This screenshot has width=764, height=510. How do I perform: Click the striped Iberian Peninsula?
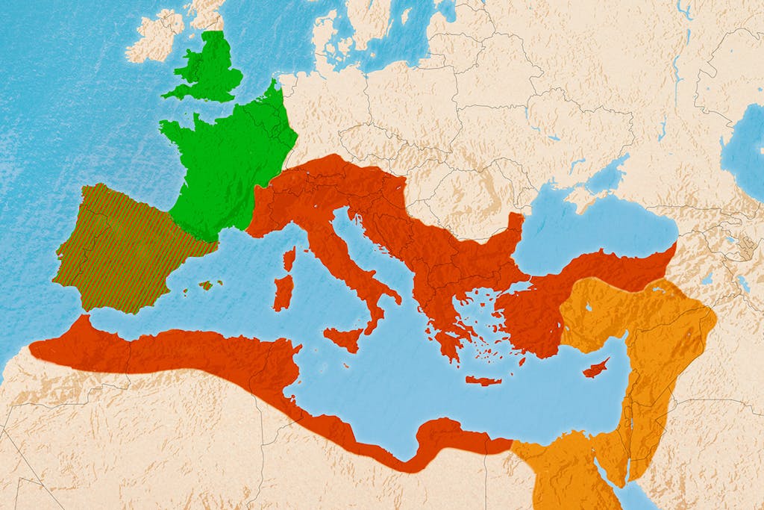119,246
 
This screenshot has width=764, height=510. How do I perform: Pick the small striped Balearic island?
206,285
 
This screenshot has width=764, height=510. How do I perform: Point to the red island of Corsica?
289,258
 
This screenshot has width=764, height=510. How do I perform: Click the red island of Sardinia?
283,293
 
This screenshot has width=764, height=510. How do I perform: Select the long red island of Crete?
483,381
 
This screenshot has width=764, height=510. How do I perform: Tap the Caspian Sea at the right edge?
746,149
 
